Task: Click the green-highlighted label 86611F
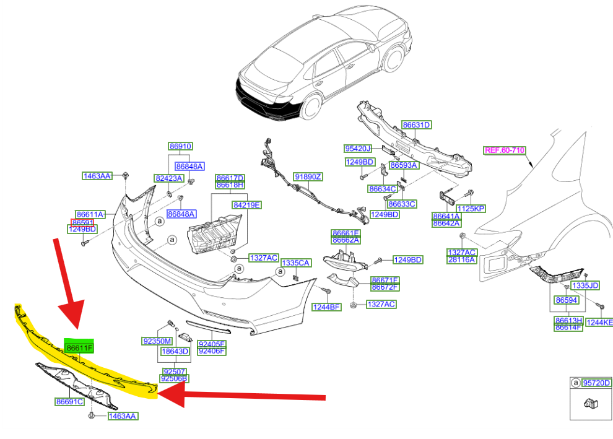79,349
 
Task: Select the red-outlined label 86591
82,222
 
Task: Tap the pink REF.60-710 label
505,150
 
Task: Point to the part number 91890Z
308,177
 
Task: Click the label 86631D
416,125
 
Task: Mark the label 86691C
69,401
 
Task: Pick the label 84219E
247,204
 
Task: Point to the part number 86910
181,147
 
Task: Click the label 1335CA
295,263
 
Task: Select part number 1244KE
599,322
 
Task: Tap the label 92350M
156,341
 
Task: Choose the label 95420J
357,149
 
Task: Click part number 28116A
462,260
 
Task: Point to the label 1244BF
326,306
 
